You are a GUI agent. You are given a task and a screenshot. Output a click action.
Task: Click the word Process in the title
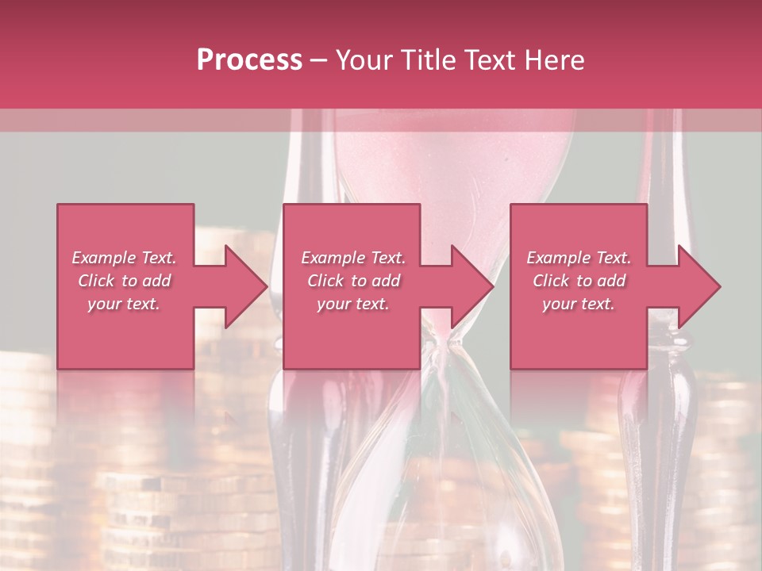[249, 59]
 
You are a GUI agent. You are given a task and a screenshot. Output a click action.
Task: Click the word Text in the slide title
[491, 59]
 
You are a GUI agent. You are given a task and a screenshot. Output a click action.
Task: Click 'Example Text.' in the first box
[124, 258]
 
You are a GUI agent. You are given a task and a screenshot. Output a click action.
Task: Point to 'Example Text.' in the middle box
[352, 258]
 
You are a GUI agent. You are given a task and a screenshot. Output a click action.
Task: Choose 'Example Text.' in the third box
[579, 258]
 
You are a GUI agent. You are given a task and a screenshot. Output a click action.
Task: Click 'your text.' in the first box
[124, 304]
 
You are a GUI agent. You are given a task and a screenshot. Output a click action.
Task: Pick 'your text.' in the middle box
[352, 304]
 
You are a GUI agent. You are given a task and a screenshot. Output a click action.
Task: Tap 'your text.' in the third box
[579, 304]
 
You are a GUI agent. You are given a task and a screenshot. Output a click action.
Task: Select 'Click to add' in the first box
[124, 281]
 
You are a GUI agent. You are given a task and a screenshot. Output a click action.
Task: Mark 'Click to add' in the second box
[352, 281]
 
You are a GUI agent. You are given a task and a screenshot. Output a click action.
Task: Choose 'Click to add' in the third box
[579, 281]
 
